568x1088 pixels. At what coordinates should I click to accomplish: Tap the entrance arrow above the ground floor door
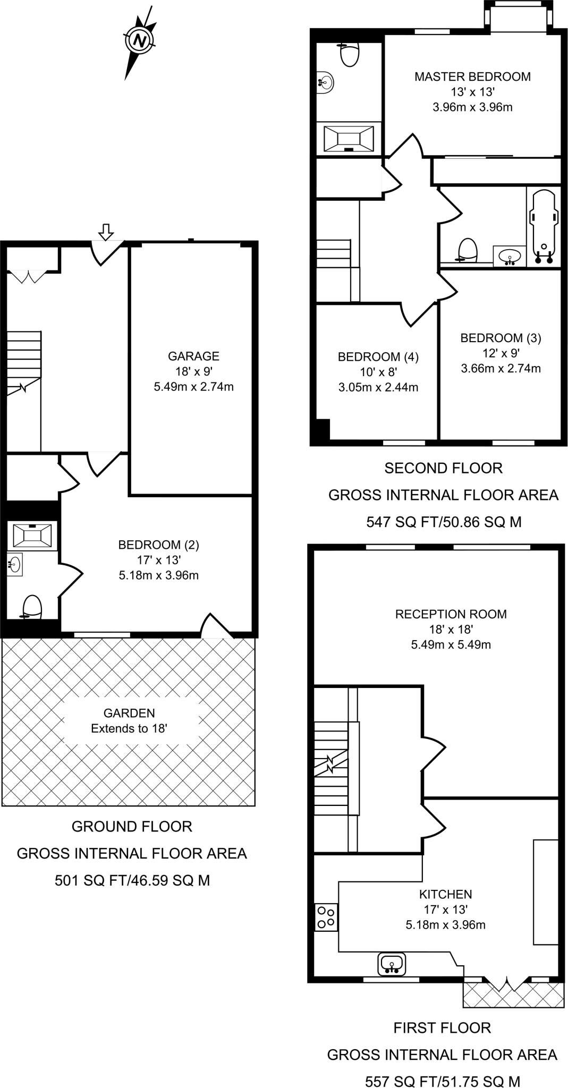pyautogui.click(x=106, y=232)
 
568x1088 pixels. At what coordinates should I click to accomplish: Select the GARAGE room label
pyautogui.click(x=193, y=356)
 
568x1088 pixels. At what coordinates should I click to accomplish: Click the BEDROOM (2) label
pyautogui.click(x=158, y=545)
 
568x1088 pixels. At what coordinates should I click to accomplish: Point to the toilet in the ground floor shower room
pyautogui.click(x=32, y=607)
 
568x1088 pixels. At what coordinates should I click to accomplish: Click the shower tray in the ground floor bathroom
pyautogui.click(x=32, y=535)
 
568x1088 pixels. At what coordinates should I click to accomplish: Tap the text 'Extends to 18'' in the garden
pyautogui.click(x=129, y=729)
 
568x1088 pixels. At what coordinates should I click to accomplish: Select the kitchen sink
pyautogui.click(x=392, y=964)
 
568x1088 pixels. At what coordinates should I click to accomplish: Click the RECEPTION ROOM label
pyautogui.click(x=451, y=614)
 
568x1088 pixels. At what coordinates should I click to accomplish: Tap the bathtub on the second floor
pyautogui.click(x=543, y=226)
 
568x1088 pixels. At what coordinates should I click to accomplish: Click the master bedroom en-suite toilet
pyautogui.click(x=349, y=55)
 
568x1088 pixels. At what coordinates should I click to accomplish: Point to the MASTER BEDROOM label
pyautogui.click(x=472, y=76)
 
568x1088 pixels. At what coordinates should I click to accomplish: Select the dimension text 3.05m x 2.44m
pyautogui.click(x=378, y=387)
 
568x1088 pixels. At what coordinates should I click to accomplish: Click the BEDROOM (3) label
pyautogui.click(x=500, y=338)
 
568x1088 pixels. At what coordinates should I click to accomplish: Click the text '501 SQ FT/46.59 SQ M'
pyautogui.click(x=132, y=881)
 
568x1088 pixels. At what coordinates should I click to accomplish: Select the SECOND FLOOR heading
pyautogui.click(x=443, y=468)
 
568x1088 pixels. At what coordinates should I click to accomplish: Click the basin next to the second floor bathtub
pyautogui.click(x=510, y=257)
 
